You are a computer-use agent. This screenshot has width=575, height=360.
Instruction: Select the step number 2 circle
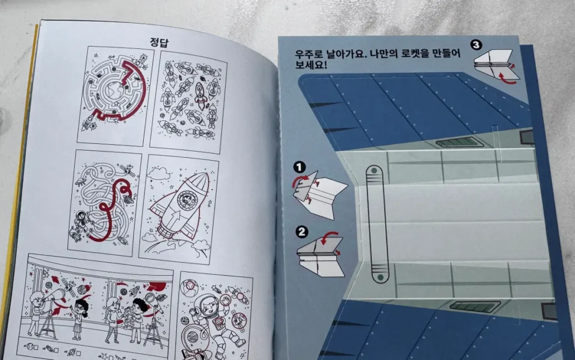[x=302, y=230]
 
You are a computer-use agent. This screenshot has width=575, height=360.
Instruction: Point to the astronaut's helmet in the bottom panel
[x=205, y=306]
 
